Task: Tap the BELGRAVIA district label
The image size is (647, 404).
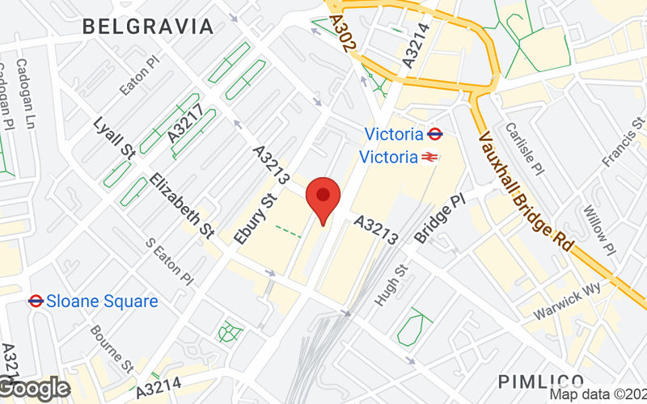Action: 149,27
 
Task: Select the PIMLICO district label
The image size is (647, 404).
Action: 541,381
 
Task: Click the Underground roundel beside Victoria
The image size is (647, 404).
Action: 436,134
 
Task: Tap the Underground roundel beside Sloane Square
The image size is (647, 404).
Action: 35,301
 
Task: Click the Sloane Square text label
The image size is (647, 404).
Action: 102,301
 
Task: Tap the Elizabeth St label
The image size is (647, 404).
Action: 182,207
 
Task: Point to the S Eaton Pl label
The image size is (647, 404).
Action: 169,260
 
